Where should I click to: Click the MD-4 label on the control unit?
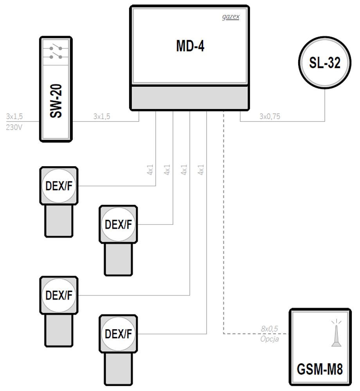[190, 46]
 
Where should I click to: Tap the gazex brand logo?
[231, 17]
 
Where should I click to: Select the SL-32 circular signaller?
[324, 62]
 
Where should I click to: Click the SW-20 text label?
[56, 101]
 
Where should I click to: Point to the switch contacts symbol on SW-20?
[56, 52]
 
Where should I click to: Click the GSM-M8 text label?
[320, 369]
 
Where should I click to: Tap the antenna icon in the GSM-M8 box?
[336, 333]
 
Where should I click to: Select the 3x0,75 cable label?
[270, 116]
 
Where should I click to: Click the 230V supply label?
[14, 127]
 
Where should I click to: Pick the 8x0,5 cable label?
[270, 329]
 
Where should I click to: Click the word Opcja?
[270, 339]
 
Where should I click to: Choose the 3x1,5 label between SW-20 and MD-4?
[101, 116]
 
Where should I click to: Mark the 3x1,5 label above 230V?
[14, 116]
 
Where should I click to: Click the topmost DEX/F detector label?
[59, 186]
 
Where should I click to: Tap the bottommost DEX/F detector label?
[118, 334]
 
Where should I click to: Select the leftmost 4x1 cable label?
[150, 170]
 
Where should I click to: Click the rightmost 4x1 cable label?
[201, 170]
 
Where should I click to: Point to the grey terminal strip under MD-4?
[190, 98]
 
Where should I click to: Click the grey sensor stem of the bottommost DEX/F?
[118, 369]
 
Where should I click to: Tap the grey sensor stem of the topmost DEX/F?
[59, 221]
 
